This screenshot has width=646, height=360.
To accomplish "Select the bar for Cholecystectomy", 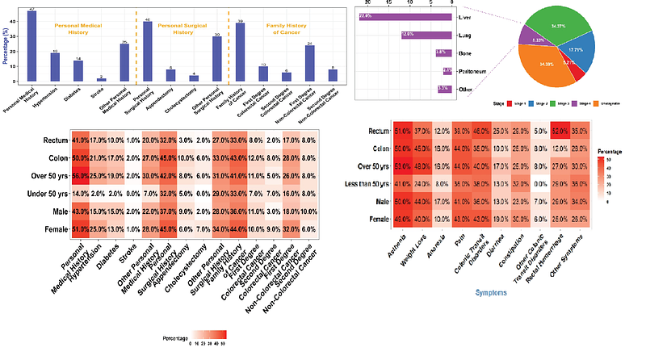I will tap(193, 78).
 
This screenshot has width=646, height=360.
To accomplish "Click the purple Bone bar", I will tap(443, 52).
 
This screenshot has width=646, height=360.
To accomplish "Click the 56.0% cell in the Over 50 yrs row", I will tap(79, 177).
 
